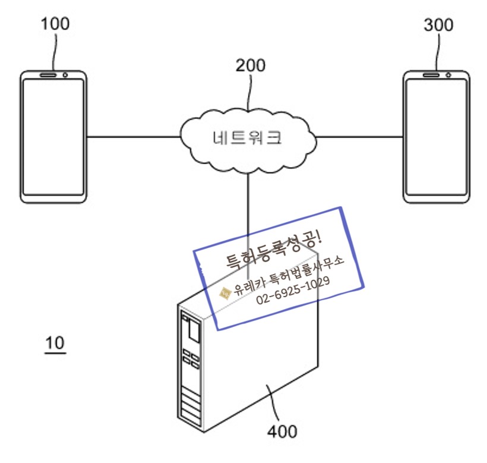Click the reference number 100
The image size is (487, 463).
tap(55, 24)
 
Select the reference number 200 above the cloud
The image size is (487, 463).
tap(250, 65)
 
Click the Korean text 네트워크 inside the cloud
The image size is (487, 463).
tap(247, 138)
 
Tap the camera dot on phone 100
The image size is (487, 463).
tap(64, 75)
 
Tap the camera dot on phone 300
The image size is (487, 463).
tap(448, 75)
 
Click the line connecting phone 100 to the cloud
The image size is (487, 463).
tap(134, 137)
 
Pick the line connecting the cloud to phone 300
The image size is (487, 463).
tap(359, 137)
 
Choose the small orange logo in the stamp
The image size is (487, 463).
tap(225, 292)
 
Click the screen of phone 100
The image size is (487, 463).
tap(53, 137)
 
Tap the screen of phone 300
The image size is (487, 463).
tap(437, 137)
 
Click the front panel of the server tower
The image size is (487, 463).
tap(191, 368)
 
